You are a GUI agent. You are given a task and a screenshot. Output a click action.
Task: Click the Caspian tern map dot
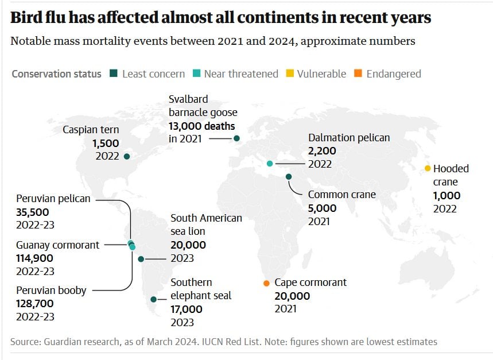[x=127, y=156]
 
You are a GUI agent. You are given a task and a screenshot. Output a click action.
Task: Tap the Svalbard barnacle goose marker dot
[x=236, y=138]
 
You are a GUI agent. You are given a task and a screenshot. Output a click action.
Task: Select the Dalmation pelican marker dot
[x=269, y=164]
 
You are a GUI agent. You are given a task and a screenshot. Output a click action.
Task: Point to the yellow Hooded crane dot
[x=428, y=168]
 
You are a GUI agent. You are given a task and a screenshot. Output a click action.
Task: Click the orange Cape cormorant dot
[x=266, y=283]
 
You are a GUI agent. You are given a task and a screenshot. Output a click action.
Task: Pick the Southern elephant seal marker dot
[x=153, y=299]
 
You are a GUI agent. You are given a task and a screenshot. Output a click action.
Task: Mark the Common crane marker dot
[x=289, y=177]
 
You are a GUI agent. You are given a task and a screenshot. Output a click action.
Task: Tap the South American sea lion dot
[x=141, y=259]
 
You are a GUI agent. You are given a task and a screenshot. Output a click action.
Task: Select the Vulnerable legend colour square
[x=290, y=74]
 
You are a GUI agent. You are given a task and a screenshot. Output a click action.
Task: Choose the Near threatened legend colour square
[x=197, y=74]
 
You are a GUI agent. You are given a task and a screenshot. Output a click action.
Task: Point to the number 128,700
[x=36, y=303]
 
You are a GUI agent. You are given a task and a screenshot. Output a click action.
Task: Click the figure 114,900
[x=35, y=258]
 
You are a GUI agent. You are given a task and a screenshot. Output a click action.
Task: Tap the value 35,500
[x=32, y=212]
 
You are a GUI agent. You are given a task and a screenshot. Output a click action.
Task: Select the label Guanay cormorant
[x=57, y=245]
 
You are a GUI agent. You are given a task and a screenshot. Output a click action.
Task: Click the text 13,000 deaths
[x=201, y=125]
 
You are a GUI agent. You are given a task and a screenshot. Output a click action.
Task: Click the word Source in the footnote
[x=25, y=342]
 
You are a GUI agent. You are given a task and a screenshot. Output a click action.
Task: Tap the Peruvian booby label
[x=51, y=291]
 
